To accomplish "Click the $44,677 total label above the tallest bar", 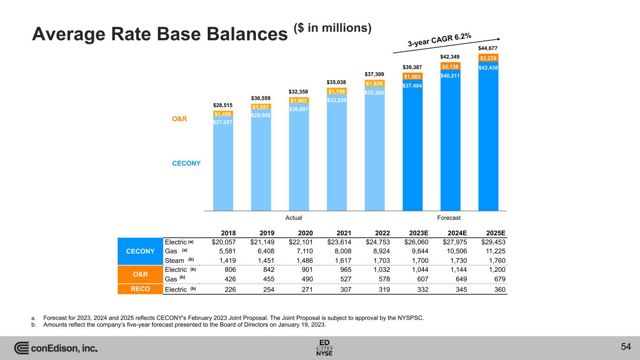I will pos(488,48).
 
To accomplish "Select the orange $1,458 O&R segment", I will pos(223,114).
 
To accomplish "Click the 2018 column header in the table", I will pos(228,233).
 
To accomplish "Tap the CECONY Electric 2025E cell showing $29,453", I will pos(494,242).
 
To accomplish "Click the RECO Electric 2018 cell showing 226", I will pos(229,289).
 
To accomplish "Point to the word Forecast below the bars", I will pos(449,217).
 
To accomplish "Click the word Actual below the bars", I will pos(294,217).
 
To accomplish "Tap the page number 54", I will pos(625,346).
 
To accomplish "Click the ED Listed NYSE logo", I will pos(325,347).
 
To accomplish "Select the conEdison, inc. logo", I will pos(56,348).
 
